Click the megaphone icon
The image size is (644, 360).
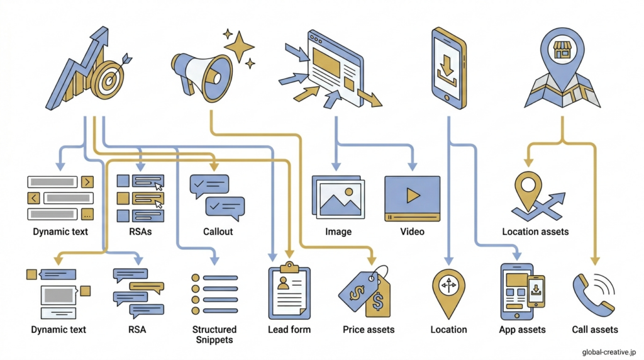coord(201,77)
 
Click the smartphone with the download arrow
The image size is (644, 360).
coord(449,68)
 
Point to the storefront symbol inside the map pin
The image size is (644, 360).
coord(562,50)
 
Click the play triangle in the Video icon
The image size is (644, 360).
coord(413,195)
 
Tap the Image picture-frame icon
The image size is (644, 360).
coord(338,197)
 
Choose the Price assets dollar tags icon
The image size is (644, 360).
coord(365,292)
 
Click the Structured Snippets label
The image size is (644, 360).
coord(214,335)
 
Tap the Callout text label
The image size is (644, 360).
coord(218,232)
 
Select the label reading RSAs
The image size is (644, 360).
coord(140,232)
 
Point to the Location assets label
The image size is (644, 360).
coord(535,232)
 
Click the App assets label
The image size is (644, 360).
coord(522,330)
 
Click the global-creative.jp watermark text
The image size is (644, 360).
coord(609,352)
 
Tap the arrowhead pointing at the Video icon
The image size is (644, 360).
coord(413,166)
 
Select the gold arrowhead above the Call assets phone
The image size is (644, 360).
coord(595,261)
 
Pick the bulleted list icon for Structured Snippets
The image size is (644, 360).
coord(214,295)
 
